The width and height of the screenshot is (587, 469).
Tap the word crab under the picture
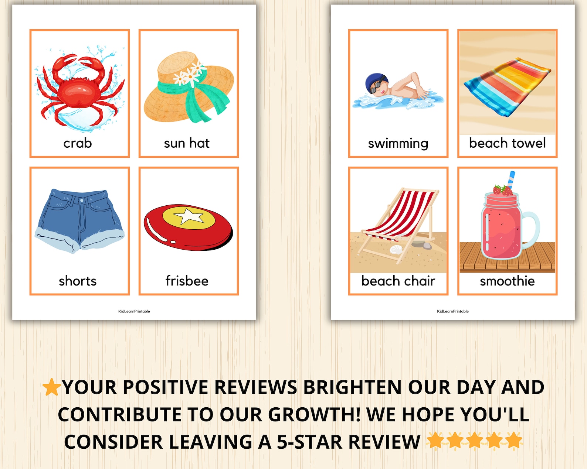pos(78,143)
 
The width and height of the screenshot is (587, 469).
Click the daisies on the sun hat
pos(189,74)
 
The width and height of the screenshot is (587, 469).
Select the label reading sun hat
pos(187,143)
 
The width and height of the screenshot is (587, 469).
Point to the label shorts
pos(78,281)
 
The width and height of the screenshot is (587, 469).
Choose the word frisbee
pos(187,281)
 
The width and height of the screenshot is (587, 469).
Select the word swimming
pos(398,143)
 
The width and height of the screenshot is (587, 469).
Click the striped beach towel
pos(507,87)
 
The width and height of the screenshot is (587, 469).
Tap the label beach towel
pos(507,143)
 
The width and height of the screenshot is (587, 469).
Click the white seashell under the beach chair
pos(397,250)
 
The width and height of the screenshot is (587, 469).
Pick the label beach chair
pos(398,281)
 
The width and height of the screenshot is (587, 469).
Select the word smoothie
pos(507,281)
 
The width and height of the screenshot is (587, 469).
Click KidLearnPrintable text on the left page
pos(134,311)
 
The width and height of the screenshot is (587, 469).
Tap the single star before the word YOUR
pos(51,387)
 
